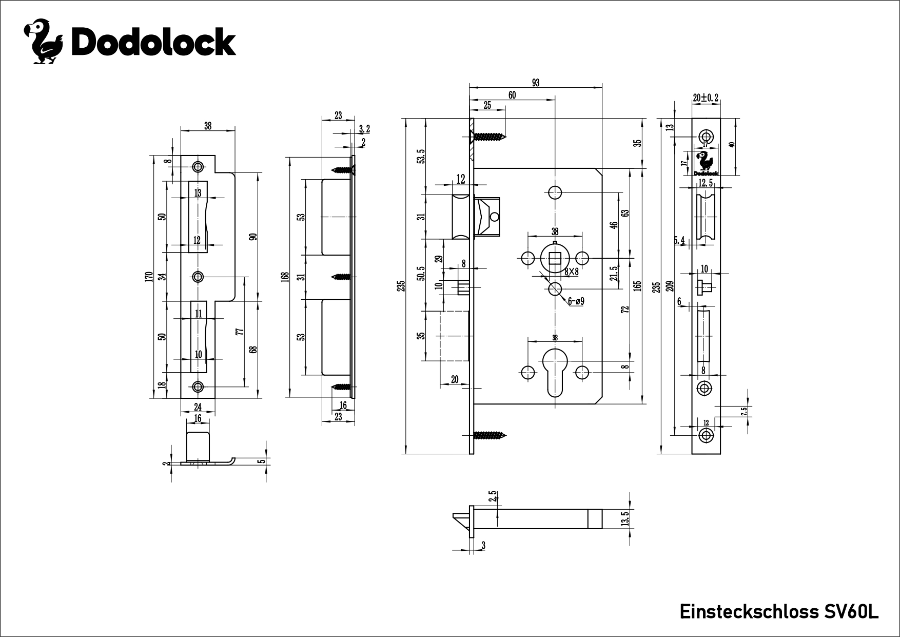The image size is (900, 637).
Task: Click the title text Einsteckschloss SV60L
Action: point(779,612)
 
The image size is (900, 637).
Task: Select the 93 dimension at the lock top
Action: point(536,83)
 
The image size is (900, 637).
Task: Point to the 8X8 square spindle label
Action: point(571,272)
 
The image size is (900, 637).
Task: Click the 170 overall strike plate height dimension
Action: point(149,277)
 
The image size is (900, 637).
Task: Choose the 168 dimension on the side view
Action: point(286,277)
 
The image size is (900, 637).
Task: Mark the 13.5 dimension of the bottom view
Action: point(624,518)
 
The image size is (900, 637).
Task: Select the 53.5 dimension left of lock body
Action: point(421,156)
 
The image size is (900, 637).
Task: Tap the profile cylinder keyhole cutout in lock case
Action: point(555,374)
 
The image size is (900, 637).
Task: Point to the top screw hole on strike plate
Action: point(198,167)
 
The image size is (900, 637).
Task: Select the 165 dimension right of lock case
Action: point(637,286)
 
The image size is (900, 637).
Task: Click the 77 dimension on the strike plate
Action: point(239,331)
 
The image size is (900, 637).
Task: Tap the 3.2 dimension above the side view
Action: point(364,128)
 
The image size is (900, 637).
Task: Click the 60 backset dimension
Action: point(512,95)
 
